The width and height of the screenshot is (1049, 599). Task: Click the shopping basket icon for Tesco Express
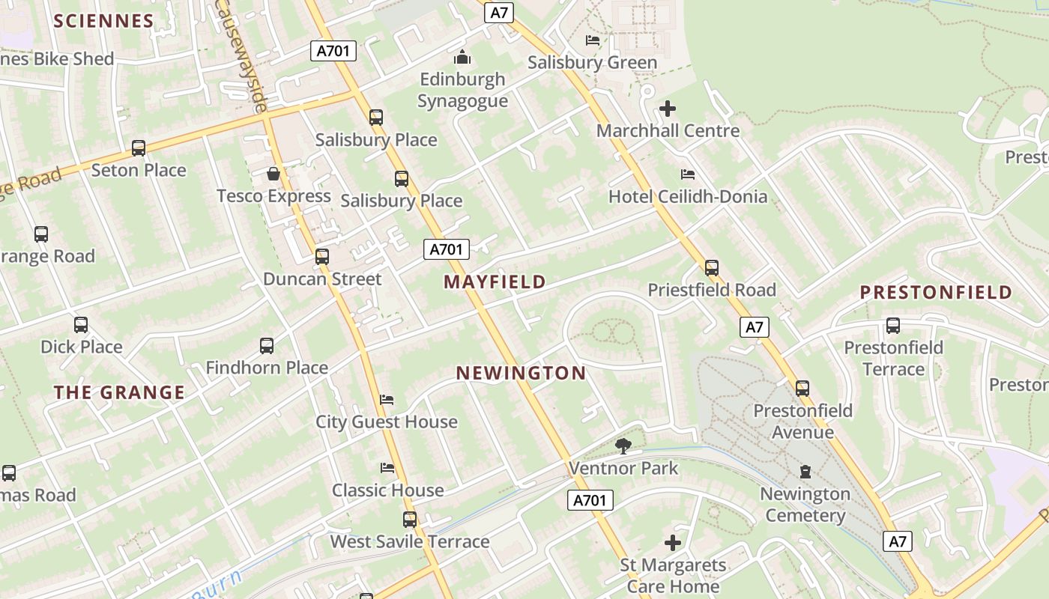pyautogui.click(x=273, y=174)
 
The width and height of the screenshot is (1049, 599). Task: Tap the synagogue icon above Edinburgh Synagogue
pyautogui.click(x=462, y=57)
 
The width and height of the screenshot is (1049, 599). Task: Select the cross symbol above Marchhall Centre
pyautogui.click(x=668, y=109)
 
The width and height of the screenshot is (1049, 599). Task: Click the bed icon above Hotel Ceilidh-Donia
pyautogui.click(x=688, y=174)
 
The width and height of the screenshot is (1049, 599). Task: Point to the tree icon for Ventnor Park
pyautogui.click(x=623, y=446)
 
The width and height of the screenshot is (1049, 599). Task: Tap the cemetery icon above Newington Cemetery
pyautogui.click(x=805, y=472)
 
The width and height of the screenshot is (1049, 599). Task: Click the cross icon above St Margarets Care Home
pyautogui.click(x=673, y=543)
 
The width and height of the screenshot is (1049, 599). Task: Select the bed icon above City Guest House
pyautogui.click(x=387, y=399)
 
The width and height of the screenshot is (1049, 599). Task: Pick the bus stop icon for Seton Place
pyautogui.click(x=139, y=148)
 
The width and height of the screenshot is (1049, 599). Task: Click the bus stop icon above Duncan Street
pyautogui.click(x=322, y=257)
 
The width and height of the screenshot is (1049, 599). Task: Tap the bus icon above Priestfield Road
pyautogui.click(x=712, y=267)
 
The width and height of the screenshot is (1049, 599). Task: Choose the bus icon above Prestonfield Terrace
pyautogui.click(x=893, y=326)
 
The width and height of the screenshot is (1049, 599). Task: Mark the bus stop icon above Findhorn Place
pyautogui.click(x=267, y=346)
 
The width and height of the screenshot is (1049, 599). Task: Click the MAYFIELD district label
pyautogui.click(x=495, y=282)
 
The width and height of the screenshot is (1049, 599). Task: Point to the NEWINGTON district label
pyautogui.click(x=521, y=373)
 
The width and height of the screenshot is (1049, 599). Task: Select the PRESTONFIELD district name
pyautogui.click(x=936, y=292)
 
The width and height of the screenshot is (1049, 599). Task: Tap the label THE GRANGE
pyautogui.click(x=119, y=392)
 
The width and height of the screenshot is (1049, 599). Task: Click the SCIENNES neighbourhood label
pyautogui.click(x=103, y=21)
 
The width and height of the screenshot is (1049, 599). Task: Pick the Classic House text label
pyautogui.click(x=388, y=490)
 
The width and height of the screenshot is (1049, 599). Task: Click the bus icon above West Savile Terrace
pyautogui.click(x=410, y=520)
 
